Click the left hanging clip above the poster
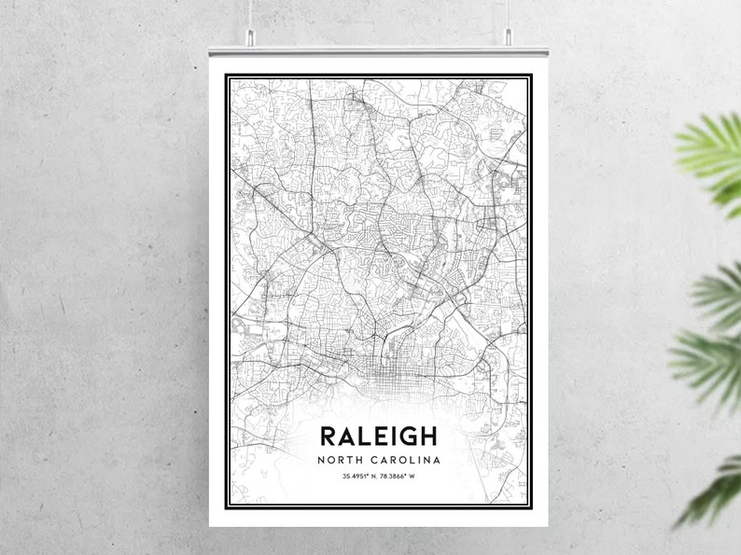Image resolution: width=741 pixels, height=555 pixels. click(x=250, y=36)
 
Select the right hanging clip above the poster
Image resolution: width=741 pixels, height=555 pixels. click(x=508, y=36)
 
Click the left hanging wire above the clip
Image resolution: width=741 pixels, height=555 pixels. click(x=250, y=13)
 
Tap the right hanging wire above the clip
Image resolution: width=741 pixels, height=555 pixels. click(x=508, y=13)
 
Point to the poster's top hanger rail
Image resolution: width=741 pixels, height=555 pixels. click(x=378, y=47)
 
